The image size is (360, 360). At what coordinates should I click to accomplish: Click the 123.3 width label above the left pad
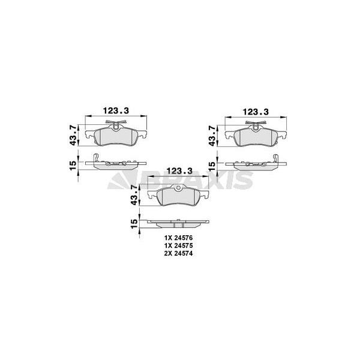pos(116,110)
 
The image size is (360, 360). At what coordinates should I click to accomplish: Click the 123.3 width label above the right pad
pos(256,112)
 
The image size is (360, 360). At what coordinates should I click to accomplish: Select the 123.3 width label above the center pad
pos(179,171)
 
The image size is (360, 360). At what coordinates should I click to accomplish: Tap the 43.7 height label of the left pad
pos(74,135)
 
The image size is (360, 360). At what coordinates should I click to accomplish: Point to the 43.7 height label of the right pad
pos(212,136)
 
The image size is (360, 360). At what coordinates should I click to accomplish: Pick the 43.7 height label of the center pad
pos(135,196)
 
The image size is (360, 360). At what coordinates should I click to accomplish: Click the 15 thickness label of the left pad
pos(73,166)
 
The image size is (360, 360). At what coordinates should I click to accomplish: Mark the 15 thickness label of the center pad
pos(134,224)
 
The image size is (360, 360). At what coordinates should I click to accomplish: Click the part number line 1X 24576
pos(178,238)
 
